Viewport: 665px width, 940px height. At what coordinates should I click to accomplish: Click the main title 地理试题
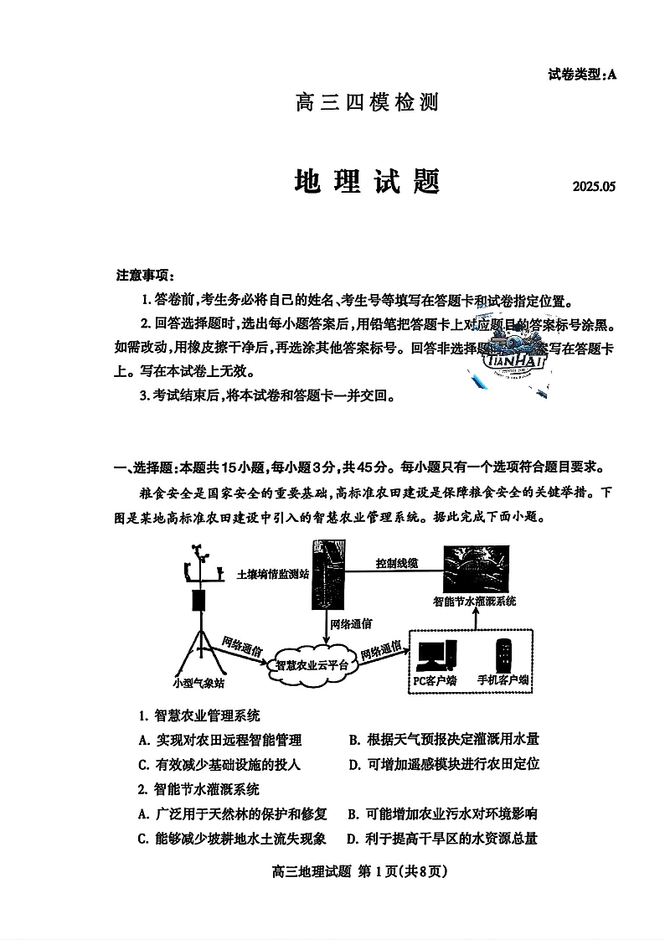pyautogui.click(x=368, y=181)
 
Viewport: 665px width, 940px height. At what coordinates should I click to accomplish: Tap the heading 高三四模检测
pyautogui.click(x=367, y=103)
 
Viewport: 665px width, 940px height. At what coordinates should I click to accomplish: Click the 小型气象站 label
pyautogui.click(x=198, y=683)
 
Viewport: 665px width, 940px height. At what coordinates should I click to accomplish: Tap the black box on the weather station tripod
pyautogui.click(x=199, y=600)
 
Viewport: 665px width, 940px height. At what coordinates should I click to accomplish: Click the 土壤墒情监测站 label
pyautogui.click(x=273, y=575)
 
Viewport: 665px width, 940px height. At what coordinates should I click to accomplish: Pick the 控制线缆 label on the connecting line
pyautogui.click(x=397, y=563)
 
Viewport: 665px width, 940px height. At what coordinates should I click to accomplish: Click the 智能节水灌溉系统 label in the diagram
pyautogui.click(x=474, y=602)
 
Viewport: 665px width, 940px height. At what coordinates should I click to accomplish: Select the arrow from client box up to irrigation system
pyautogui.click(x=475, y=618)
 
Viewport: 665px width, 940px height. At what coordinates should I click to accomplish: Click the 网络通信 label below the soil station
pyautogui.click(x=351, y=624)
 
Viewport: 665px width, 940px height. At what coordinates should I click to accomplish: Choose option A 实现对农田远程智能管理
pyautogui.click(x=220, y=740)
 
